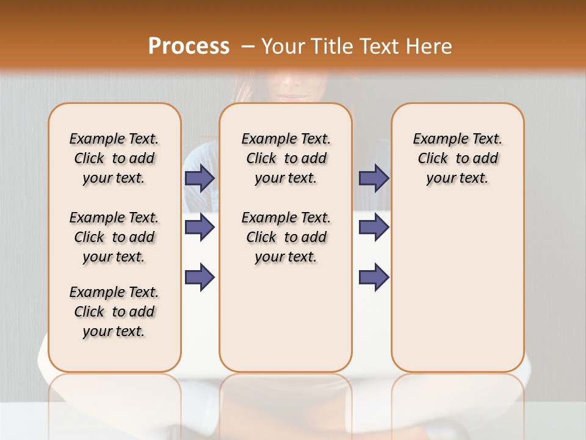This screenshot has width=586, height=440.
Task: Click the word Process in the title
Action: click(189, 46)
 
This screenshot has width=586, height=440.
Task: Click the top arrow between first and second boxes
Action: click(200, 178)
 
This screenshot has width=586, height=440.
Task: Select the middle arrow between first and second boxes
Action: click(200, 227)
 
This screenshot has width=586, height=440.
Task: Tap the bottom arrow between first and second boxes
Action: click(200, 277)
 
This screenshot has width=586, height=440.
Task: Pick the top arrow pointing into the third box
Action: click(374, 178)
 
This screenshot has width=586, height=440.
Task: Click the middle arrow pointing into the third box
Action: click(374, 227)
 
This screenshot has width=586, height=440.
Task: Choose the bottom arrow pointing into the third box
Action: click(374, 277)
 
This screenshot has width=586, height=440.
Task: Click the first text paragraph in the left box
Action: click(114, 158)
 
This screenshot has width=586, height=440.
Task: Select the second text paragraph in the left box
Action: click(114, 237)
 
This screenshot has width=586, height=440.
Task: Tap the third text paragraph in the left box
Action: click(114, 312)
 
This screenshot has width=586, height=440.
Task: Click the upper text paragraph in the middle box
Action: click(286, 158)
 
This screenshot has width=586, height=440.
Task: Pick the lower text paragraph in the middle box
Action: click(286, 237)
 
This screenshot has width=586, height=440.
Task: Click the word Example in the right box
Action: click(437, 139)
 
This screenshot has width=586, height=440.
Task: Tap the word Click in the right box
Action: click(433, 159)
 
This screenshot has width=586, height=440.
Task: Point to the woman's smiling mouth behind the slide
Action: click(292, 95)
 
